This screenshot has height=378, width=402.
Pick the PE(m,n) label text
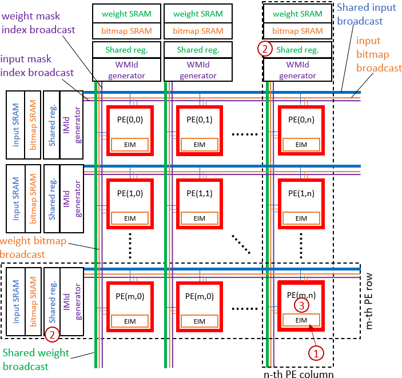301,295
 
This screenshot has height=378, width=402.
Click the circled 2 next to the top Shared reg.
264,49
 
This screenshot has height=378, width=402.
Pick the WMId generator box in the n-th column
297,70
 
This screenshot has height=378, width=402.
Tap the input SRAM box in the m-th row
15,301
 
